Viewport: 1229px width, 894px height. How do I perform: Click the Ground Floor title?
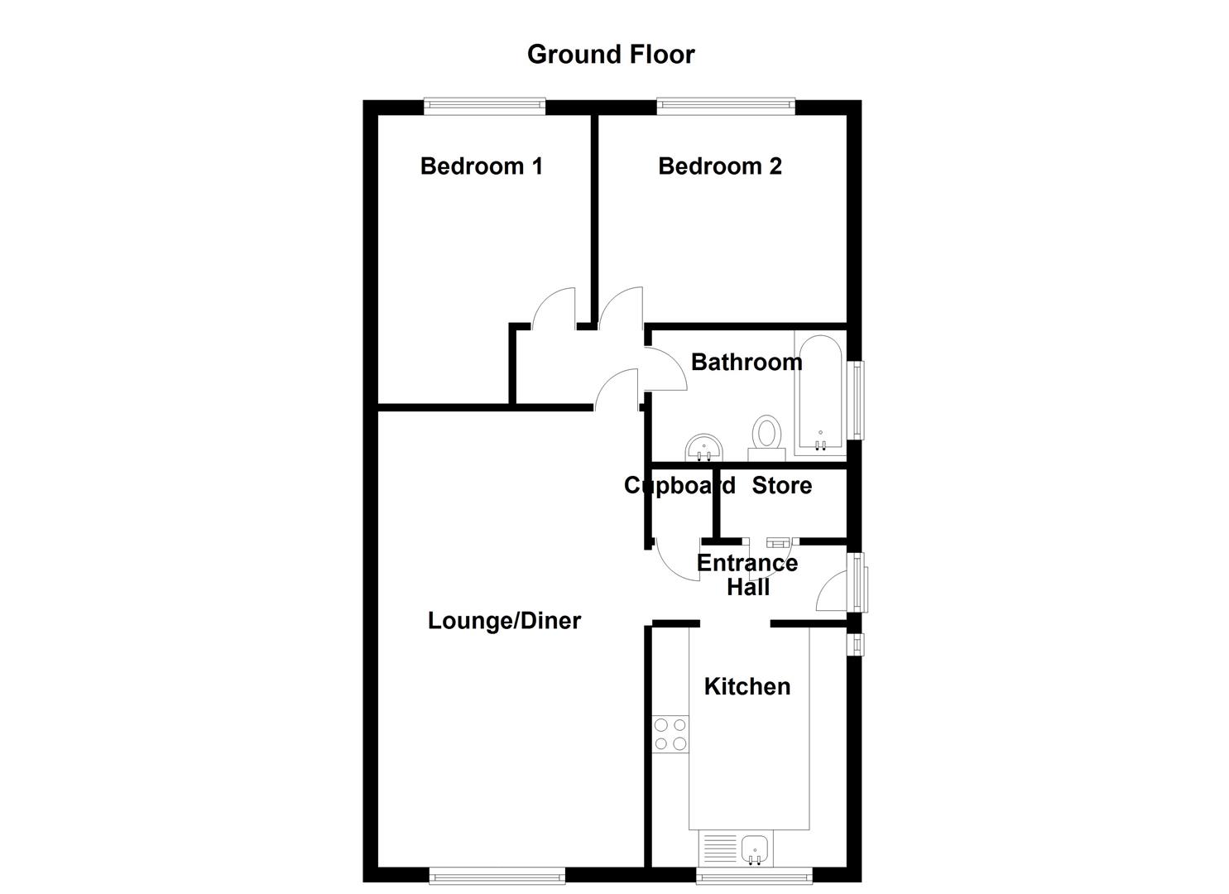coord(611,55)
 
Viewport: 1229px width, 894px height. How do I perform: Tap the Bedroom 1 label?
coord(481,166)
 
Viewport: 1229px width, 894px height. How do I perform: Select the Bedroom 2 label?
coord(719,166)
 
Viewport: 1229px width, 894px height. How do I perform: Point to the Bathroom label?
coord(746,362)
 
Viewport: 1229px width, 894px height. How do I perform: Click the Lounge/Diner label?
coord(504,621)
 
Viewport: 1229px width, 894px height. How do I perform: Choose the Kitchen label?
coord(747,686)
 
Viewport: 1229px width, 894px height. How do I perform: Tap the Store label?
coord(781,485)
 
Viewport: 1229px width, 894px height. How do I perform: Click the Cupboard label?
coord(679,485)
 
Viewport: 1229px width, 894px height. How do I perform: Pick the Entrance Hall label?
coord(747,574)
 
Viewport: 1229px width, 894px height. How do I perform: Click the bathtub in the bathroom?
coord(819,392)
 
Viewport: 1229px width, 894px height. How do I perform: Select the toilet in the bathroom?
coord(766,437)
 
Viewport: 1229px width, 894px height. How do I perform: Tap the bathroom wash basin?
coord(703,448)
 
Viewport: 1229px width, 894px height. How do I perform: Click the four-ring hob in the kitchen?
coord(670,733)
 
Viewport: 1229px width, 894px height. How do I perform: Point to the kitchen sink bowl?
coord(756,848)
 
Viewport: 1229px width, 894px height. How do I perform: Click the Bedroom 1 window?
coord(484,105)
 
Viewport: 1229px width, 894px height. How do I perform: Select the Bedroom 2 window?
coord(726,105)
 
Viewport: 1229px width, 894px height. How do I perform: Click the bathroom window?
coord(858,400)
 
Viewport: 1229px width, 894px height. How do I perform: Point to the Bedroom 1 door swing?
coord(553,307)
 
